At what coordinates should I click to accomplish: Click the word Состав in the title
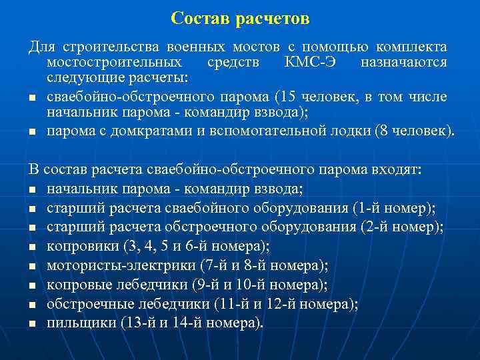click(201, 19)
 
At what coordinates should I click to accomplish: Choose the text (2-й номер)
click(403, 227)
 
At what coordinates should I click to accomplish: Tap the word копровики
click(82, 247)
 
